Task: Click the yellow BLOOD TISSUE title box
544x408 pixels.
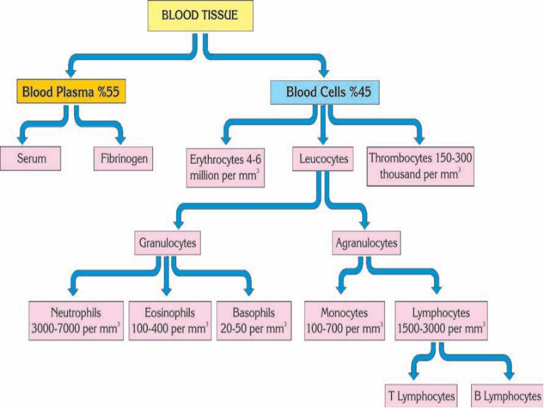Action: (x=200, y=16)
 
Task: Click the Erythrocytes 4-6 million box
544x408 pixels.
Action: (x=225, y=167)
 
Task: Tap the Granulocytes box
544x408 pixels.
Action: (x=168, y=242)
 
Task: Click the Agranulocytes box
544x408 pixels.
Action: (x=367, y=242)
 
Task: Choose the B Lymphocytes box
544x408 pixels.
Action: (x=507, y=396)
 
